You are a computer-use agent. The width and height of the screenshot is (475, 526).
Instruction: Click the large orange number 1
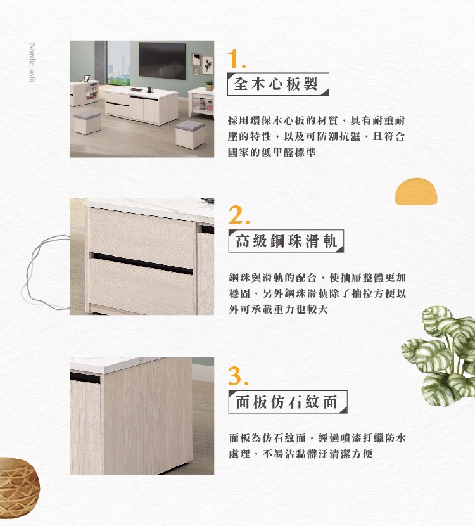[x=237, y=60]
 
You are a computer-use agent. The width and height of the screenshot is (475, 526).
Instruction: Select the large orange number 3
[x=239, y=376]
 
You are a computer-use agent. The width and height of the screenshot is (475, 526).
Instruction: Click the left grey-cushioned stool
[x=87, y=122]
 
